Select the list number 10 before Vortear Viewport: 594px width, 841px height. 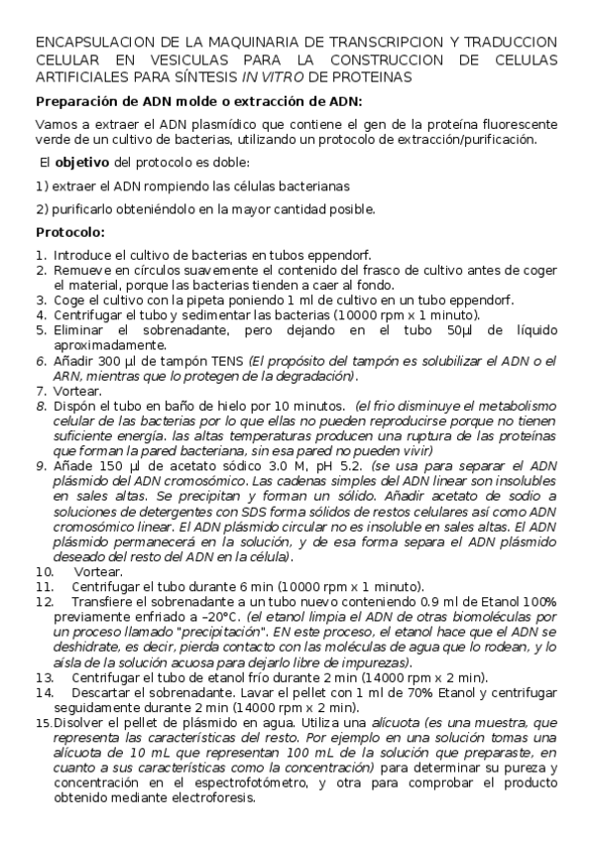(44, 572)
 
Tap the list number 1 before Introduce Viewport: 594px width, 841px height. (40, 255)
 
